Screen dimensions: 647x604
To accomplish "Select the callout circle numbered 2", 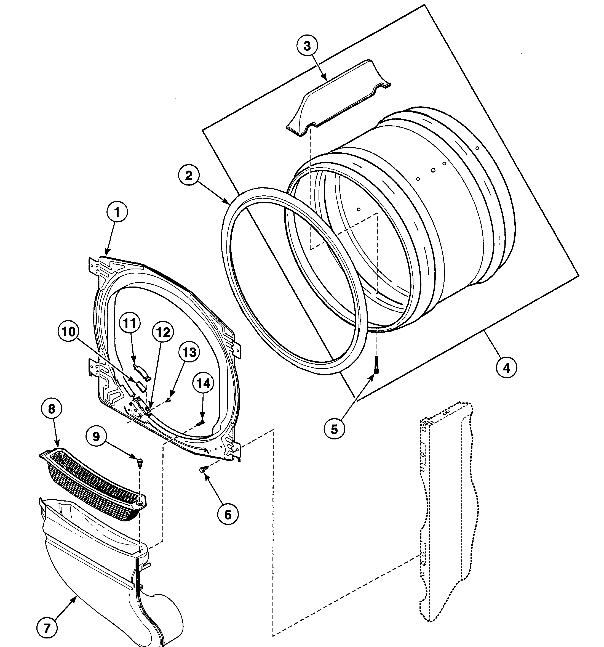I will coord(189,176).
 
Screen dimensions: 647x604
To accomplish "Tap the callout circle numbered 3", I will coord(307,46).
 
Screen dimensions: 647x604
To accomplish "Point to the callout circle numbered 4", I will coord(506,367).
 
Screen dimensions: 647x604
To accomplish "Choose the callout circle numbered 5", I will coord(334,429).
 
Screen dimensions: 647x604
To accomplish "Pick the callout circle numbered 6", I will coord(228,515).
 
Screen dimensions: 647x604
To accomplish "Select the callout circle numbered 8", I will coord(52,409).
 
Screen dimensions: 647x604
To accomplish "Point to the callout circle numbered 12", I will coord(163,332).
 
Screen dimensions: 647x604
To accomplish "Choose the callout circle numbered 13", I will coord(189,352).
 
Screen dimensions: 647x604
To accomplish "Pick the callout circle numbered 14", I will coord(203,383).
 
